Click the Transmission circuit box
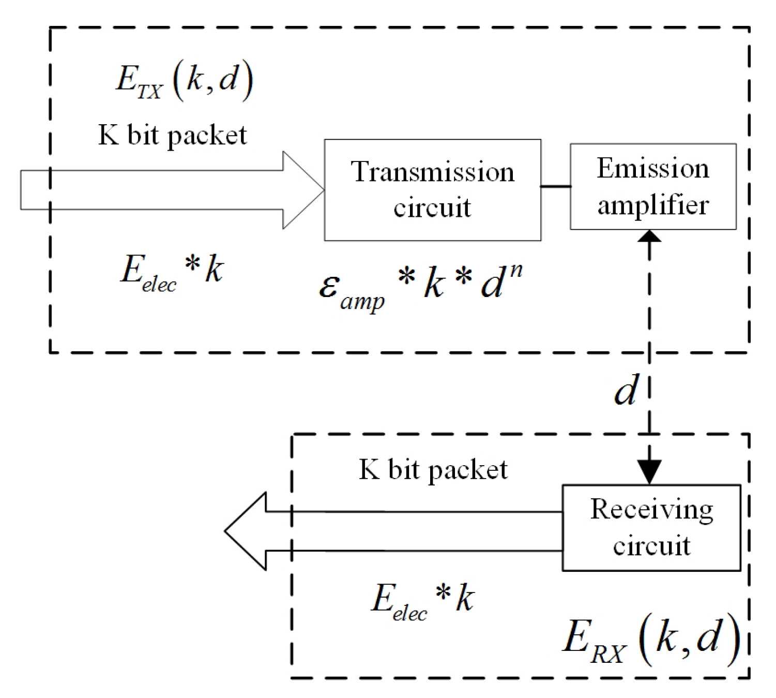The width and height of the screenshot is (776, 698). pos(432,190)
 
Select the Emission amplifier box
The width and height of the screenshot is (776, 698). pos(652,186)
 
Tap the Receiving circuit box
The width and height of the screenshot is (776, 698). pos(651,527)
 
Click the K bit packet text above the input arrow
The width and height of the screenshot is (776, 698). pos(172,136)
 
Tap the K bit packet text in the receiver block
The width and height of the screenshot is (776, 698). pos(433,470)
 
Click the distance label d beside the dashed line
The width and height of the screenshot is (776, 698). pos(626,391)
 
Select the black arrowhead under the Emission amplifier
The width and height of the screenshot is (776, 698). pos(649,236)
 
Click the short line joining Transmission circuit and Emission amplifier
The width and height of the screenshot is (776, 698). pos(556,186)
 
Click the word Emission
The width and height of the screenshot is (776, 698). pos(652,169)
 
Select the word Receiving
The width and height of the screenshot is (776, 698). pos(651,510)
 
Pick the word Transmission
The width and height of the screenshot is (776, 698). pos(432,172)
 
